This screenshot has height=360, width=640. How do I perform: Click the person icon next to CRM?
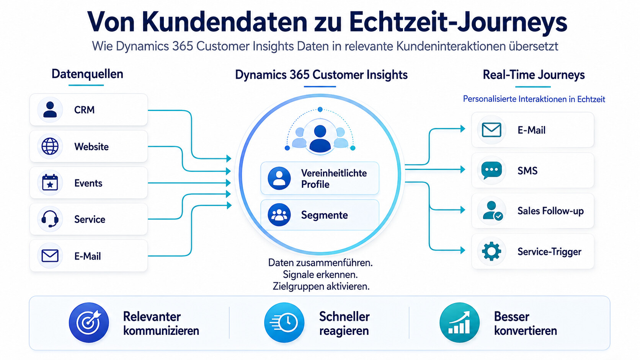(x=50, y=110)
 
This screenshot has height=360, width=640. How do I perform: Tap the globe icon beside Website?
(x=50, y=146)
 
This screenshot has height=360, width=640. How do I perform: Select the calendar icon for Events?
(x=50, y=182)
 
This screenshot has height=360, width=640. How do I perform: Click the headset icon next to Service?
(x=50, y=219)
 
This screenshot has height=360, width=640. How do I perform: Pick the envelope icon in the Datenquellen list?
(x=50, y=256)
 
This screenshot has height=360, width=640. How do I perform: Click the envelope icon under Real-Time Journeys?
(x=491, y=130)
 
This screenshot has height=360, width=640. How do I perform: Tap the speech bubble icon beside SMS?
(x=491, y=171)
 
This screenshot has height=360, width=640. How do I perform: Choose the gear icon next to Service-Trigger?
(x=491, y=251)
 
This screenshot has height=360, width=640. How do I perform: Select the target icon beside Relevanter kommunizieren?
(x=89, y=323)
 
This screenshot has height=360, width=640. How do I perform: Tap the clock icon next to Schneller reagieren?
(x=284, y=323)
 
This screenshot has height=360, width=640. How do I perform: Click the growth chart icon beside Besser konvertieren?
(x=459, y=323)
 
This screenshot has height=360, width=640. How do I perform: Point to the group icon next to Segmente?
(x=279, y=215)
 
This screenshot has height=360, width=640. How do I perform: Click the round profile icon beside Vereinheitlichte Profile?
(x=279, y=178)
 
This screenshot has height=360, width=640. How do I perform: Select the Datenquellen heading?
(x=87, y=74)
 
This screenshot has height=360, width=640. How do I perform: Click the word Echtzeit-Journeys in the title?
(x=458, y=22)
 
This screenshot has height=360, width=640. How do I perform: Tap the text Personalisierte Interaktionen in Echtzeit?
(x=534, y=99)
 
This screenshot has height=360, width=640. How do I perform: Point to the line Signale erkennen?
(x=320, y=275)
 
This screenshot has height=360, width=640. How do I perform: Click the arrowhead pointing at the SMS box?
(x=463, y=169)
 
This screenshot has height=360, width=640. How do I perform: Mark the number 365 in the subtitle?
(x=183, y=46)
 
